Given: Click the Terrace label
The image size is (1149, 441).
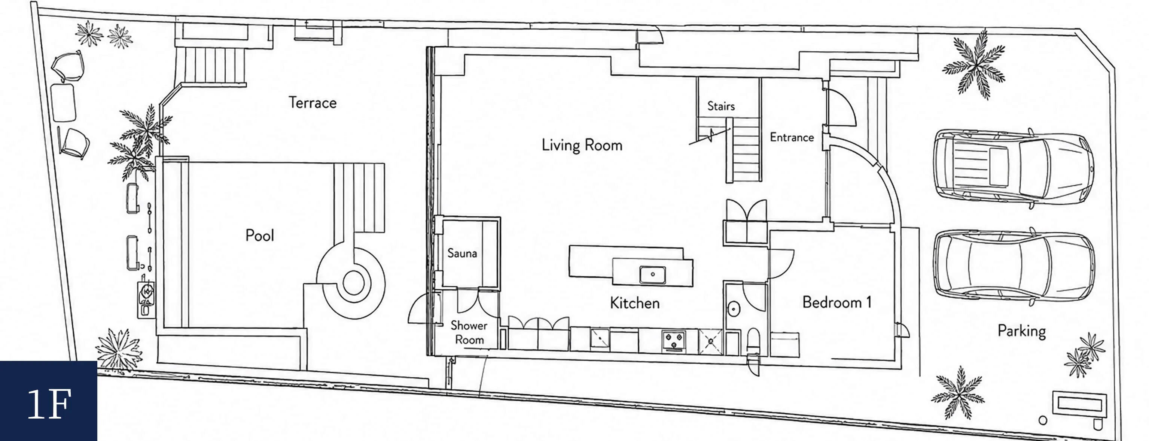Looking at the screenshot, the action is (x=312, y=103).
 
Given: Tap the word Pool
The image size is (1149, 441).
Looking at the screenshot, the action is (x=260, y=235).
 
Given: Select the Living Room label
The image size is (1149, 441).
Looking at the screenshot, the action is (x=582, y=145).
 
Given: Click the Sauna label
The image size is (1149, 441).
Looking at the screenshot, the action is (x=462, y=253).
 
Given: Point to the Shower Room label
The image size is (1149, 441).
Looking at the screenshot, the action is (x=469, y=332).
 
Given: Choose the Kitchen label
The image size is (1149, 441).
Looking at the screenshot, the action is (x=635, y=303).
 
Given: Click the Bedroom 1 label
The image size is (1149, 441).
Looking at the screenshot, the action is (x=837, y=302).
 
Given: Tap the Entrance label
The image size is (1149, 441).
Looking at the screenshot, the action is (x=792, y=137).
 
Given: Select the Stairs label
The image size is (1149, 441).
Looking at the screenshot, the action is (x=721, y=106).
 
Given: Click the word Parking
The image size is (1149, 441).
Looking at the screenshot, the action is (x=1021, y=331).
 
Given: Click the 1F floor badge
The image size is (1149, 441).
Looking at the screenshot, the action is (x=49, y=401).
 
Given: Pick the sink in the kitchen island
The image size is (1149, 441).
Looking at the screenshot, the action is (x=653, y=274).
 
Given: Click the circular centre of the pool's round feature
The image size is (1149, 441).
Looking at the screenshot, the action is (x=354, y=283).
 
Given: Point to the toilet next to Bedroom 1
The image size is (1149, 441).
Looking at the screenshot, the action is (x=753, y=341).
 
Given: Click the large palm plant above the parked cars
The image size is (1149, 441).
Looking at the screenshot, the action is (x=974, y=65).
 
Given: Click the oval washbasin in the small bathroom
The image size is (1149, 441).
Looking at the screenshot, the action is (x=734, y=308).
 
